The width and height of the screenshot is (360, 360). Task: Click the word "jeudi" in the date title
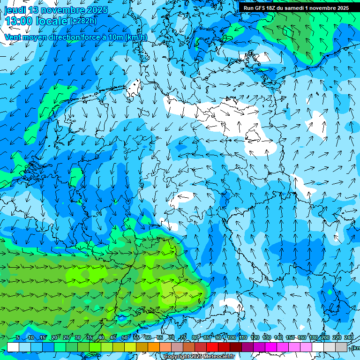15,9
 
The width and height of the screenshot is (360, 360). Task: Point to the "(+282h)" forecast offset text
83,21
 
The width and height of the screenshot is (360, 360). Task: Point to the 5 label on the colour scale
18,337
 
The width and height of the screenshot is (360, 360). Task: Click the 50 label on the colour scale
125,337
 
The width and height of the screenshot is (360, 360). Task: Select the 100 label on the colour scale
231,337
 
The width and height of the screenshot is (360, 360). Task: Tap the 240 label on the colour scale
349,337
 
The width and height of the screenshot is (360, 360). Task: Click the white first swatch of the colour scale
13,347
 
